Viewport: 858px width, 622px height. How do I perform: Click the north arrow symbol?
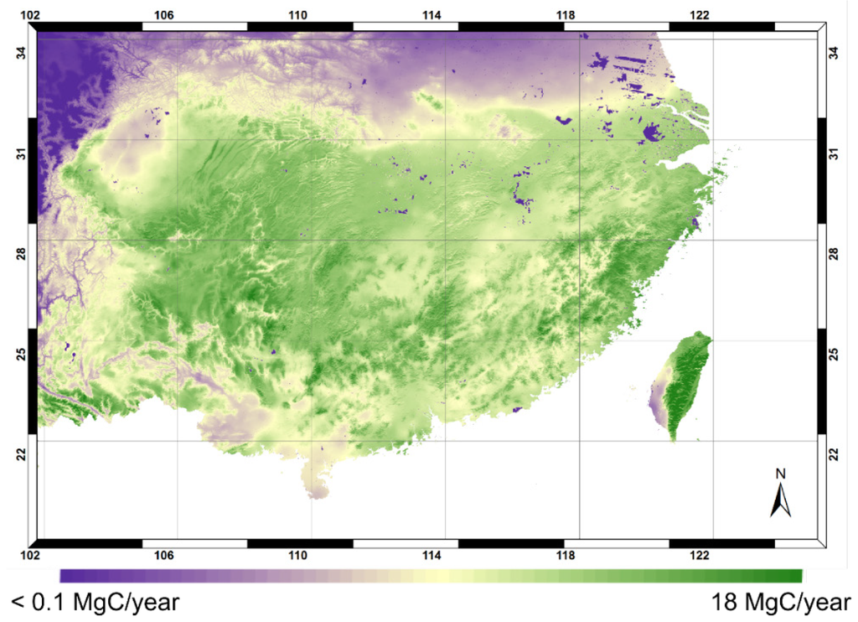[780, 500]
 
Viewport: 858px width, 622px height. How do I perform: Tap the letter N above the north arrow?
[780, 474]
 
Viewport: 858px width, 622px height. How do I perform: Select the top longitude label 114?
[432, 14]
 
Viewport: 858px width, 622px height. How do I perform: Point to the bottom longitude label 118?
[566, 556]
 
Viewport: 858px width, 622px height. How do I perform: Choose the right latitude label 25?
[834, 354]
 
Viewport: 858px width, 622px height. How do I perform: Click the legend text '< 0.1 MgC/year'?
[96, 603]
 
